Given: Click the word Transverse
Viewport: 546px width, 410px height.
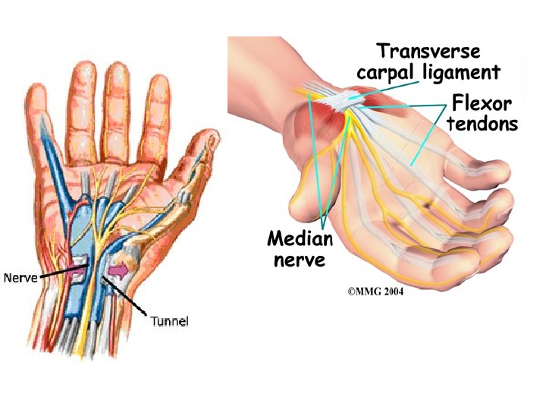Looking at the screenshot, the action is (428, 52).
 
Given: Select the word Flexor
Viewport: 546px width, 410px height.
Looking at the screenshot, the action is (482, 102).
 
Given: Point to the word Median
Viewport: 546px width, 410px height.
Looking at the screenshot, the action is (300, 239).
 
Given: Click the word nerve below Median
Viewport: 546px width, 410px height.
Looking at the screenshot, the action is (300, 260).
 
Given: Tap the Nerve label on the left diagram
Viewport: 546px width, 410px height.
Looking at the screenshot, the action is (20, 278).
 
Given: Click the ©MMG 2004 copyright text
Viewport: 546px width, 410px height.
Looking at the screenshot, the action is (375, 291).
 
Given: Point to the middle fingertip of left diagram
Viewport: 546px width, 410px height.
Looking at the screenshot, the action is (116, 72).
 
